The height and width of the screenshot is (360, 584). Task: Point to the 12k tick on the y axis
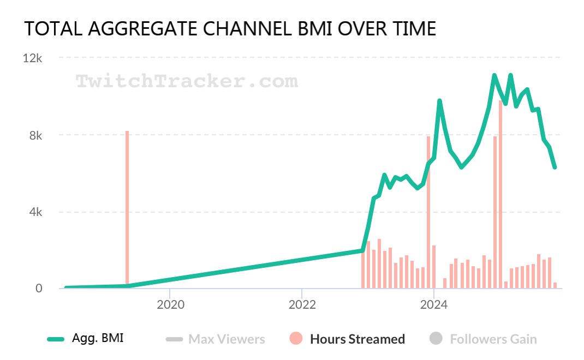[x=32, y=58]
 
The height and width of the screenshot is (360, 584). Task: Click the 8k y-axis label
[x=35, y=135]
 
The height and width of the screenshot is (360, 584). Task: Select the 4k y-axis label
[x=35, y=212]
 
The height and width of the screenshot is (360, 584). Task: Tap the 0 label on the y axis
[x=39, y=289]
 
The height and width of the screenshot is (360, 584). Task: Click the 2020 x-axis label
[x=170, y=304]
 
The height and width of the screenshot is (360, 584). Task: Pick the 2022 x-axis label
[x=302, y=304]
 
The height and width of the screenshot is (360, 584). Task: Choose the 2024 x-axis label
[x=434, y=304]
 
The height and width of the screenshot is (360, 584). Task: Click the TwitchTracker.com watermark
[x=187, y=82]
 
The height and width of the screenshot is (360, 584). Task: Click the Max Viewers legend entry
[x=227, y=339]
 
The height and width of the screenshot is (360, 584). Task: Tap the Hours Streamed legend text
[x=357, y=339]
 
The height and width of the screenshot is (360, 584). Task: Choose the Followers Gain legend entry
[x=493, y=339]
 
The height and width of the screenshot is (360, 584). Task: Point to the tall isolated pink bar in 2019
[x=127, y=207]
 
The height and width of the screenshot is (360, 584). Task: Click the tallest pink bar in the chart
[x=500, y=191]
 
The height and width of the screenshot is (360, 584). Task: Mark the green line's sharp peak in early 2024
[x=439, y=101]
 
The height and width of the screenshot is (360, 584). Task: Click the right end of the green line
[x=555, y=167]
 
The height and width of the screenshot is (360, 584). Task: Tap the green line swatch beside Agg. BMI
[x=56, y=339]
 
